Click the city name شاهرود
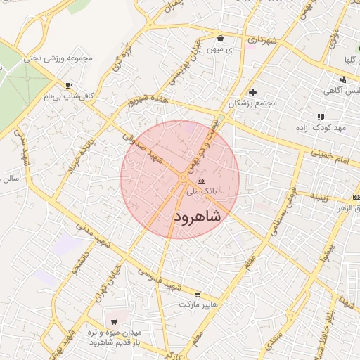197,216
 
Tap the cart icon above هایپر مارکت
198,294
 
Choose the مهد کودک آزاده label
321,127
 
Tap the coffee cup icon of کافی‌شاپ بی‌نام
67,85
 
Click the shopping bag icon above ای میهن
221,39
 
